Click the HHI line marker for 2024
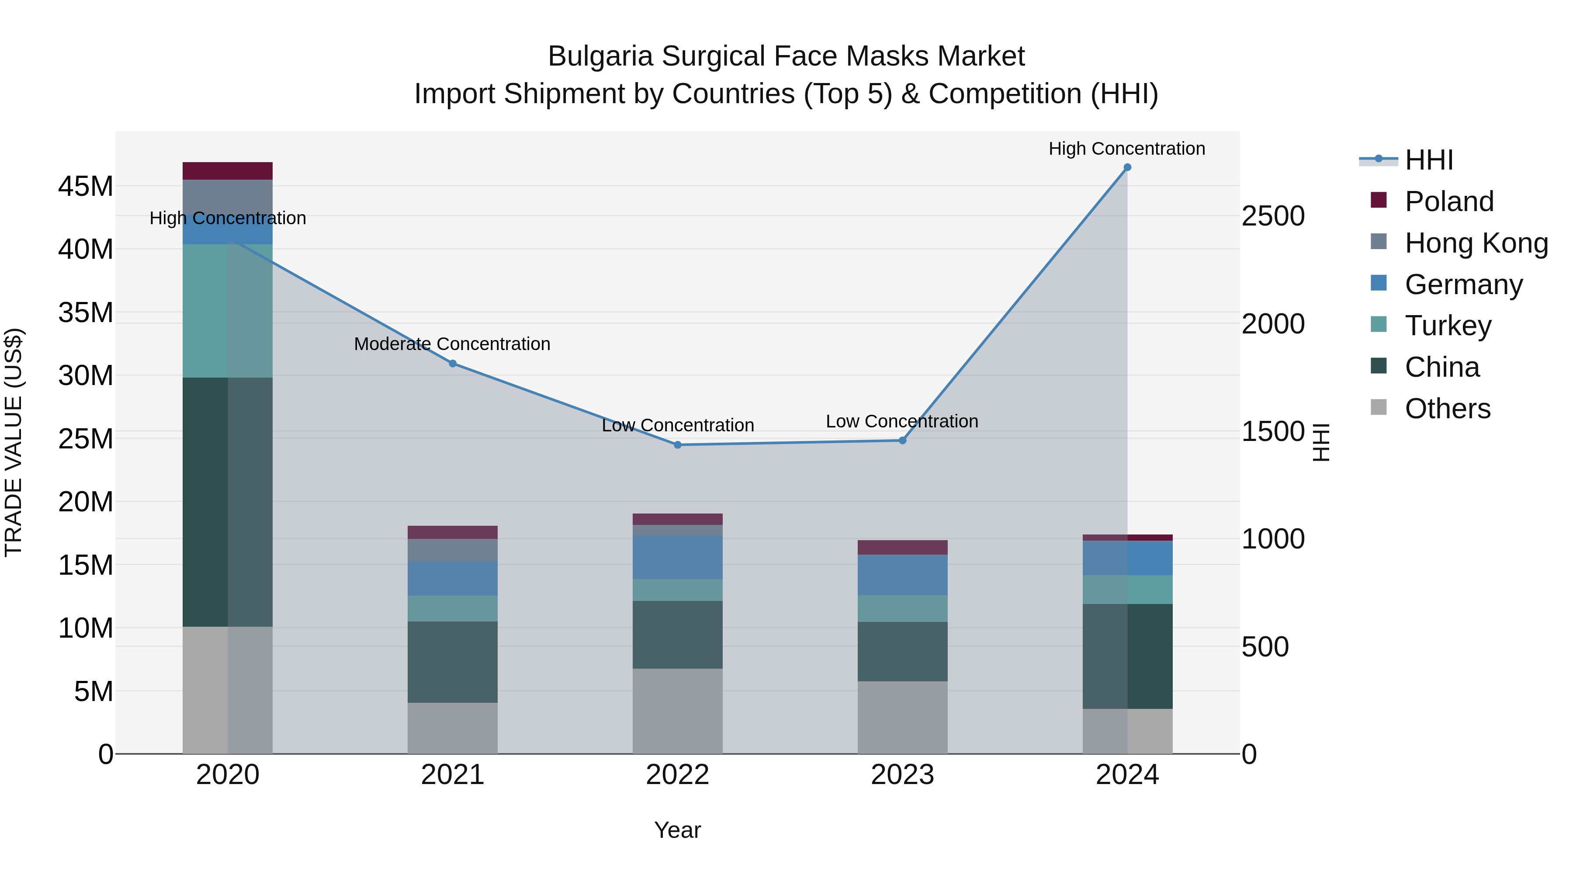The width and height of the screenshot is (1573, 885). pyautogui.click(x=1127, y=167)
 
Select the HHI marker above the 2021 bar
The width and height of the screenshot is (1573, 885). pyautogui.click(x=453, y=364)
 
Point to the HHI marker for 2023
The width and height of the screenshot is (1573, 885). pyautogui.click(x=903, y=441)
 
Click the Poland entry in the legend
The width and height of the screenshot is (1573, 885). pyautogui.click(x=1448, y=201)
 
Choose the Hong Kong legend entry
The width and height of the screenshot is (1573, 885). pyautogui.click(x=1476, y=243)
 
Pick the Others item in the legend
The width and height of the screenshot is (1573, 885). pyautogui.click(x=1447, y=409)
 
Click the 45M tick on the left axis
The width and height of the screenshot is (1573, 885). pyautogui.click(x=86, y=186)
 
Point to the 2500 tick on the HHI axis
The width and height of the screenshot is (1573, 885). pyautogui.click(x=1273, y=216)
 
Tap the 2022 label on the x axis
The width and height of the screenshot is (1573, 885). pyautogui.click(x=677, y=775)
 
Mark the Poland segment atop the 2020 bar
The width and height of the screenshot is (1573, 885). pyautogui.click(x=227, y=171)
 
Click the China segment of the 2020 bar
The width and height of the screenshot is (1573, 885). pyautogui.click(x=227, y=502)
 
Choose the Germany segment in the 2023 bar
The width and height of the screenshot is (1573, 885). pyautogui.click(x=903, y=575)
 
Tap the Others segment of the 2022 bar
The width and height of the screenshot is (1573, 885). pyautogui.click(x=677, y=711)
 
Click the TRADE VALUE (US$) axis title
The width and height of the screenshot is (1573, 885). pyautogui.click(x=14, y=442)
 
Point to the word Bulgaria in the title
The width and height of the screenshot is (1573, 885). pyautogui.click(x=602, y=56)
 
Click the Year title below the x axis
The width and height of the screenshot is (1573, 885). pyautogui.click(x=677, y=830)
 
